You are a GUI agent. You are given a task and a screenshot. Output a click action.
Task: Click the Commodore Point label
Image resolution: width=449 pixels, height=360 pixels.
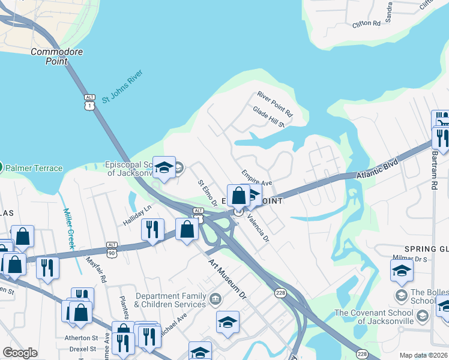coord(57,56)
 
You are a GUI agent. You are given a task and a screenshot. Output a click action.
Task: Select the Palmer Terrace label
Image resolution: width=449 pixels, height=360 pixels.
coord(34,167)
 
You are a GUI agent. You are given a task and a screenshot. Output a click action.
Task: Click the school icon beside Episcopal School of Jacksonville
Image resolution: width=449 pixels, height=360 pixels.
coord(163,169)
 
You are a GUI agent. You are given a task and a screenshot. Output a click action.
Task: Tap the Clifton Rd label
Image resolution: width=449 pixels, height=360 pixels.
coord(367,23)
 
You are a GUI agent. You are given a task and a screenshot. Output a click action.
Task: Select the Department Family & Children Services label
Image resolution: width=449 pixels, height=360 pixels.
coord(170,300)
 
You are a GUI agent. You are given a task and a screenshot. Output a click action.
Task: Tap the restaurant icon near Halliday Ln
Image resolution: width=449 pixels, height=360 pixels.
coord(152,231)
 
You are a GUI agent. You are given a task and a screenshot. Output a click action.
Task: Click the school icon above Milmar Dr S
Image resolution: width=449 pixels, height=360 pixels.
coord(402,272)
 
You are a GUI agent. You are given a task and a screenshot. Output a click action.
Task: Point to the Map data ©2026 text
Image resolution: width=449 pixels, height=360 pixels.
coord(423,355)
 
